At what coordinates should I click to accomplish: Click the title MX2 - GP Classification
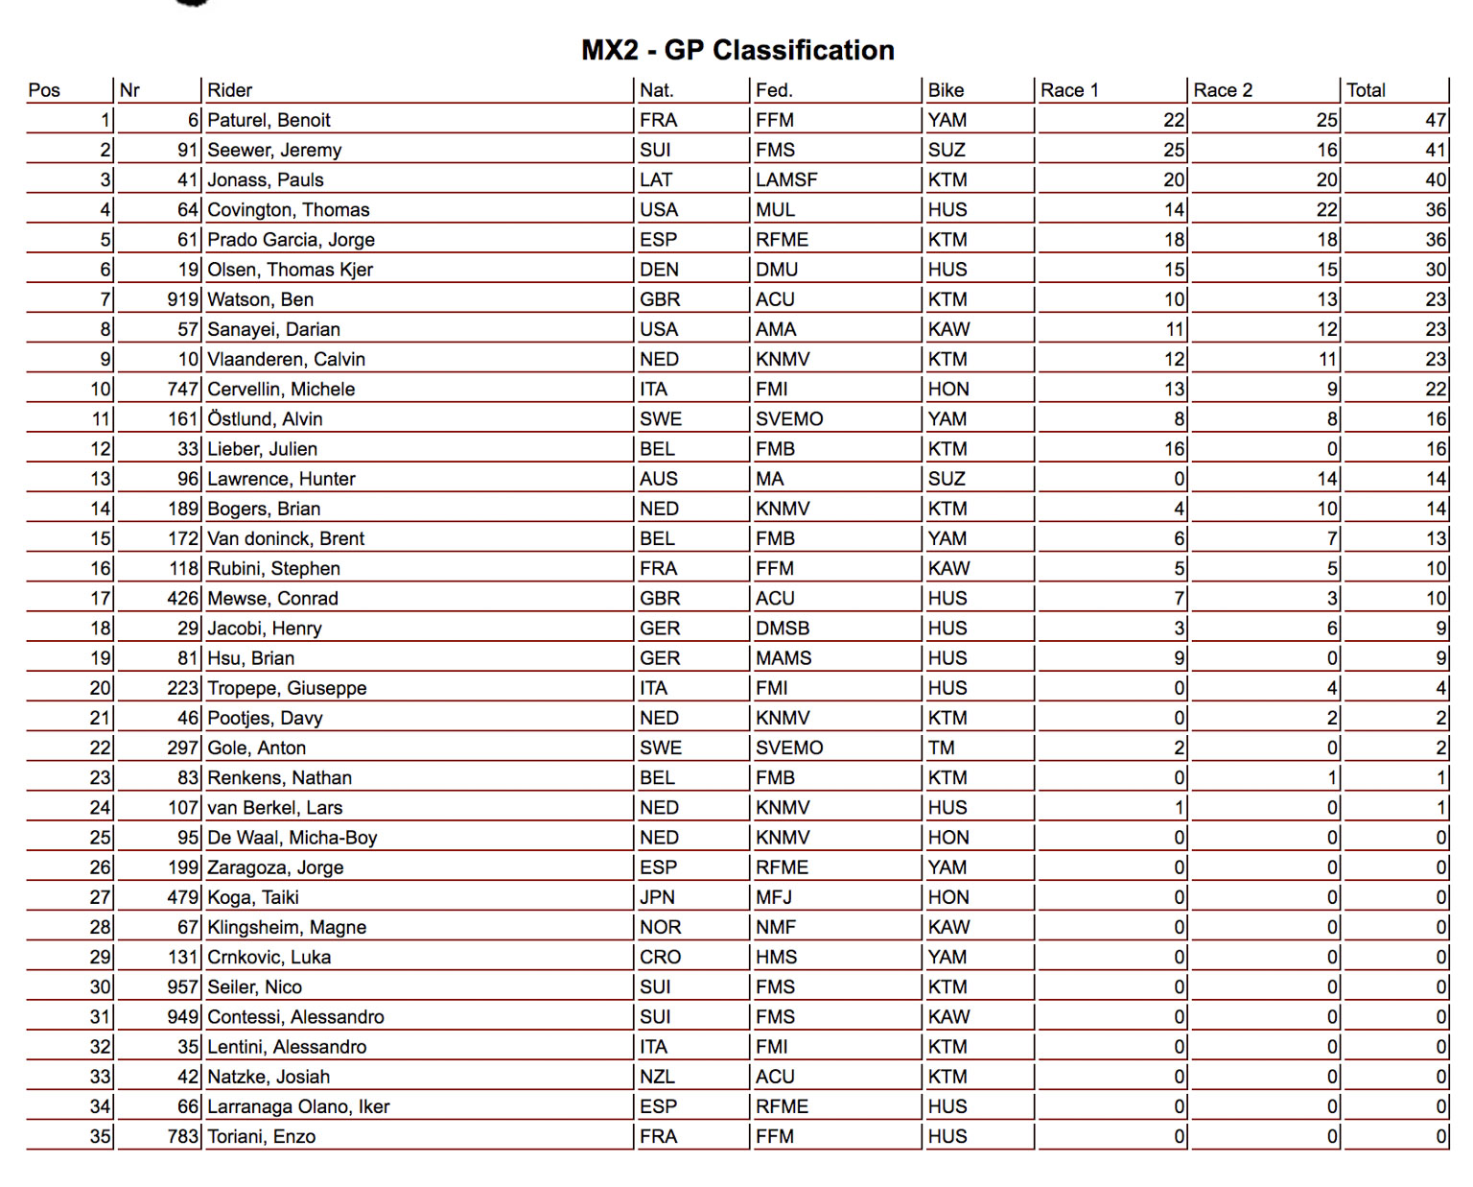coord(737,50)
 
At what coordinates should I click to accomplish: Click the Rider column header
coord(229,90)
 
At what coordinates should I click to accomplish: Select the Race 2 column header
coord(1223,90)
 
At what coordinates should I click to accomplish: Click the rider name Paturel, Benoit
coord(269,120)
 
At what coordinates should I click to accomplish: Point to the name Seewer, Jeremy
coord(274,150)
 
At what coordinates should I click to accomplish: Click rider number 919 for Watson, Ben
coord(182,299)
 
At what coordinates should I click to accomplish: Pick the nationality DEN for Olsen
coord(659,270)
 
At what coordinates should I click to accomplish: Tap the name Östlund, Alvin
coord(265,419)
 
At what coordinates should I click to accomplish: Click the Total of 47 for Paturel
coord(1435,120)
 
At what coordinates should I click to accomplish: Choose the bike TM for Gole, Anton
coord(941,748)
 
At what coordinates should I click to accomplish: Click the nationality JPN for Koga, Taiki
coord(657,897)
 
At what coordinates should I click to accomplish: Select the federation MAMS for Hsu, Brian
coord(783,658)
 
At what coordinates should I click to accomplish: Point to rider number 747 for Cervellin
coord(182,389)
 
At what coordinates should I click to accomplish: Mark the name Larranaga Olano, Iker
coord(298,1106)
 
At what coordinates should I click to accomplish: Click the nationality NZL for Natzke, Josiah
coord(657,1077)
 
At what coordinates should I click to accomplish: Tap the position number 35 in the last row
coord(101,1136)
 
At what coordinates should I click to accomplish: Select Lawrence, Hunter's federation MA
coord(769,479)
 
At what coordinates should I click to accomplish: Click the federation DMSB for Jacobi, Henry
coord(783,629)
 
